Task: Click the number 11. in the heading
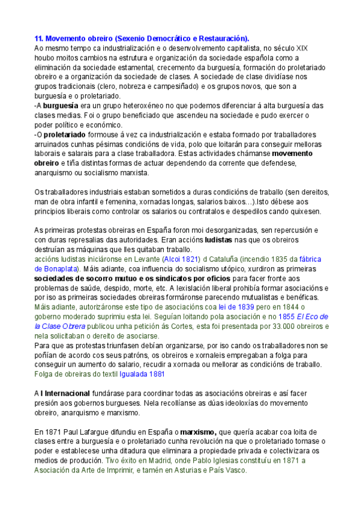tap(40, 38)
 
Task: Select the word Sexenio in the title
tap(131, 38)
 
